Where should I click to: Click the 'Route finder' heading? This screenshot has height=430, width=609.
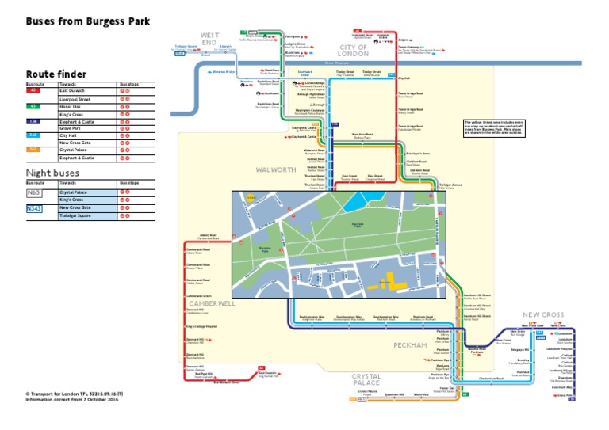[x=56, y=74]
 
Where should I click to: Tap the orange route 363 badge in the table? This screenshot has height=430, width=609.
[x=33, y=150]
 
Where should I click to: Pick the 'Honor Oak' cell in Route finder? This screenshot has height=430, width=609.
[x=72, y=106]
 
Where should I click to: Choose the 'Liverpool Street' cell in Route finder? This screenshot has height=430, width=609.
[x=75, y=99]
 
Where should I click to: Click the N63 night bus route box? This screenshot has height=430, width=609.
[x=33, y=192]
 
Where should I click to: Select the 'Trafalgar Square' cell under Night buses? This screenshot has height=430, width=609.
[x=75, y=215]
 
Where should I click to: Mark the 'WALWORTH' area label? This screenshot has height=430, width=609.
[x=277, y=169]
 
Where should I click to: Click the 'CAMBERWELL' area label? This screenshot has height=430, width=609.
[x=211, y=303]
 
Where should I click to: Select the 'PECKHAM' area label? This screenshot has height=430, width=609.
[x=410, y=345]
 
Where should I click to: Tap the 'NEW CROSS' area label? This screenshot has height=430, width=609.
[x=542, y=314]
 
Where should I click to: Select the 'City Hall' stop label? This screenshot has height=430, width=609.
[x=404, y=78]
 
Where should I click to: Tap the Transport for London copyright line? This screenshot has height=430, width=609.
[x=73, y=392]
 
